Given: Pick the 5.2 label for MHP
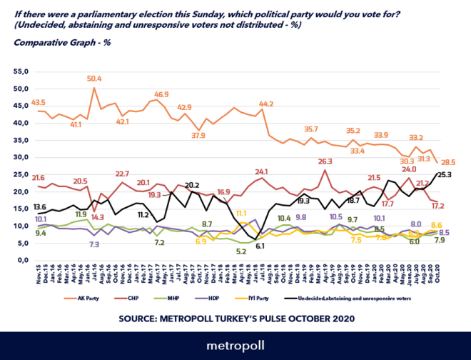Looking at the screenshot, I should (241, 251).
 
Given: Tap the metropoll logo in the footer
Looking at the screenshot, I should (235, 346).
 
